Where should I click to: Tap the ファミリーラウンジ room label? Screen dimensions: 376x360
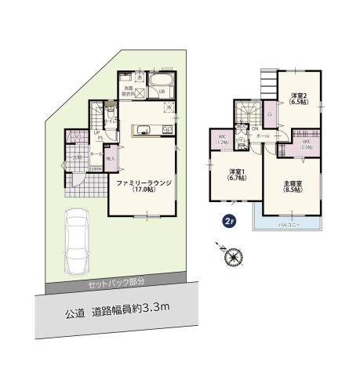point(144,185)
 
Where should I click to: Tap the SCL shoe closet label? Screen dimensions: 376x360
point(78,138)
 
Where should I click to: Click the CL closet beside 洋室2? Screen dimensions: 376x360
point(270,115)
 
